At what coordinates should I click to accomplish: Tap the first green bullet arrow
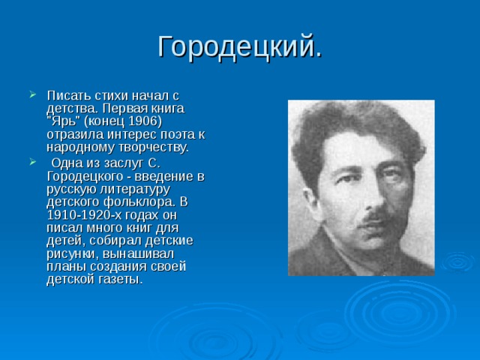[33, 94]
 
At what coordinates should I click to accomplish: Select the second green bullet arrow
[33, 162]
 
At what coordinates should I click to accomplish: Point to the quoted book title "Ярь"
[63, 121]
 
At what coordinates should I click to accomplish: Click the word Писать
[68, 95]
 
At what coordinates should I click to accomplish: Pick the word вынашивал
[139, 253]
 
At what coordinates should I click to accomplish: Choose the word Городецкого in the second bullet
[88, 177]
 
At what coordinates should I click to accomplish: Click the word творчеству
[153, 148]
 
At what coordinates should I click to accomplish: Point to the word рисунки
[73, 254]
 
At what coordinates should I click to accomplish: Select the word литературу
[134, 190]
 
